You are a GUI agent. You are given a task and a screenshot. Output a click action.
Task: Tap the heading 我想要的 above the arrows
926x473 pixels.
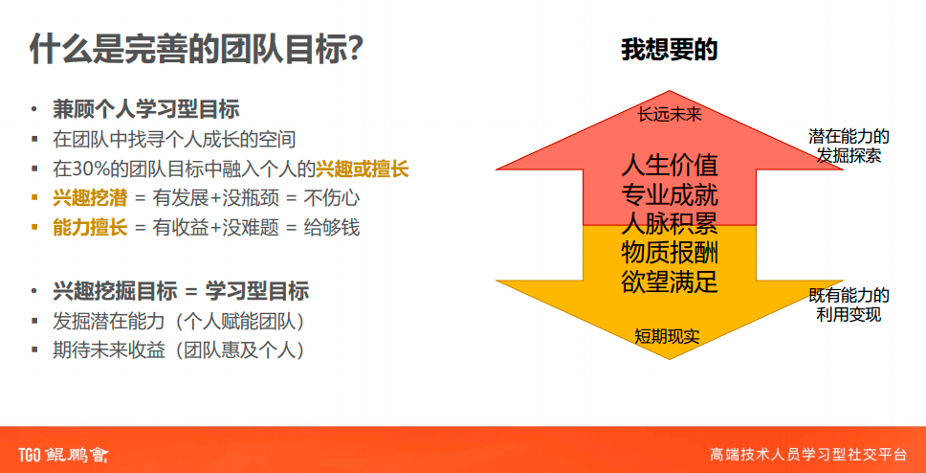pyautogui.click(x=669, y=50)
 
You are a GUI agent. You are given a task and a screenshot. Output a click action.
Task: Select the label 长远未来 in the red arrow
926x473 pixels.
pyautogui.click(x=670, y=114)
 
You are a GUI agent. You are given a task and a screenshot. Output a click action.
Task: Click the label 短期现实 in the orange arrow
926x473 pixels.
pyautogui.click(x=668, y=336)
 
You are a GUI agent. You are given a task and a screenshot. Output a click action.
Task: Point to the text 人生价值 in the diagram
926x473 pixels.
pyautogui.click(x=670, y=165)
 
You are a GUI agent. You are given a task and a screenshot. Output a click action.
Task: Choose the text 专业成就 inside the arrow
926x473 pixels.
pyautogui.click(x=670, y=195)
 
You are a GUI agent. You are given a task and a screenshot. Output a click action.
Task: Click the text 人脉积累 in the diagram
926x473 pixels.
pyautogui.click(x=670, y=224)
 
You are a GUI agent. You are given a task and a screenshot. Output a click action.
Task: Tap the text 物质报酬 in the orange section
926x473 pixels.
pyautogui.click(x=670, y=253)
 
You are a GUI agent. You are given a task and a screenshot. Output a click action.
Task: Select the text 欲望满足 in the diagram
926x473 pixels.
pyautogui.click(x=670, y=282)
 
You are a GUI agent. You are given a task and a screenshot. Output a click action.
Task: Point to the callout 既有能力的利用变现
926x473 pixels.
pyautogui.click(x=849, y=304)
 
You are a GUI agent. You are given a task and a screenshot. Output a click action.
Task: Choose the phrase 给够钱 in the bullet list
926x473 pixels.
pyautogui.click(x=333, y=228)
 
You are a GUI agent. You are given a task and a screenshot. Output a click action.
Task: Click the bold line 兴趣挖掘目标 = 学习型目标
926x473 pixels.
pyautogui.click(x=181, y=291)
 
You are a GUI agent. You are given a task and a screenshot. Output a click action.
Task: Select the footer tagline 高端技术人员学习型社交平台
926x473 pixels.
pyautogui.click(x=808, y=454)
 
